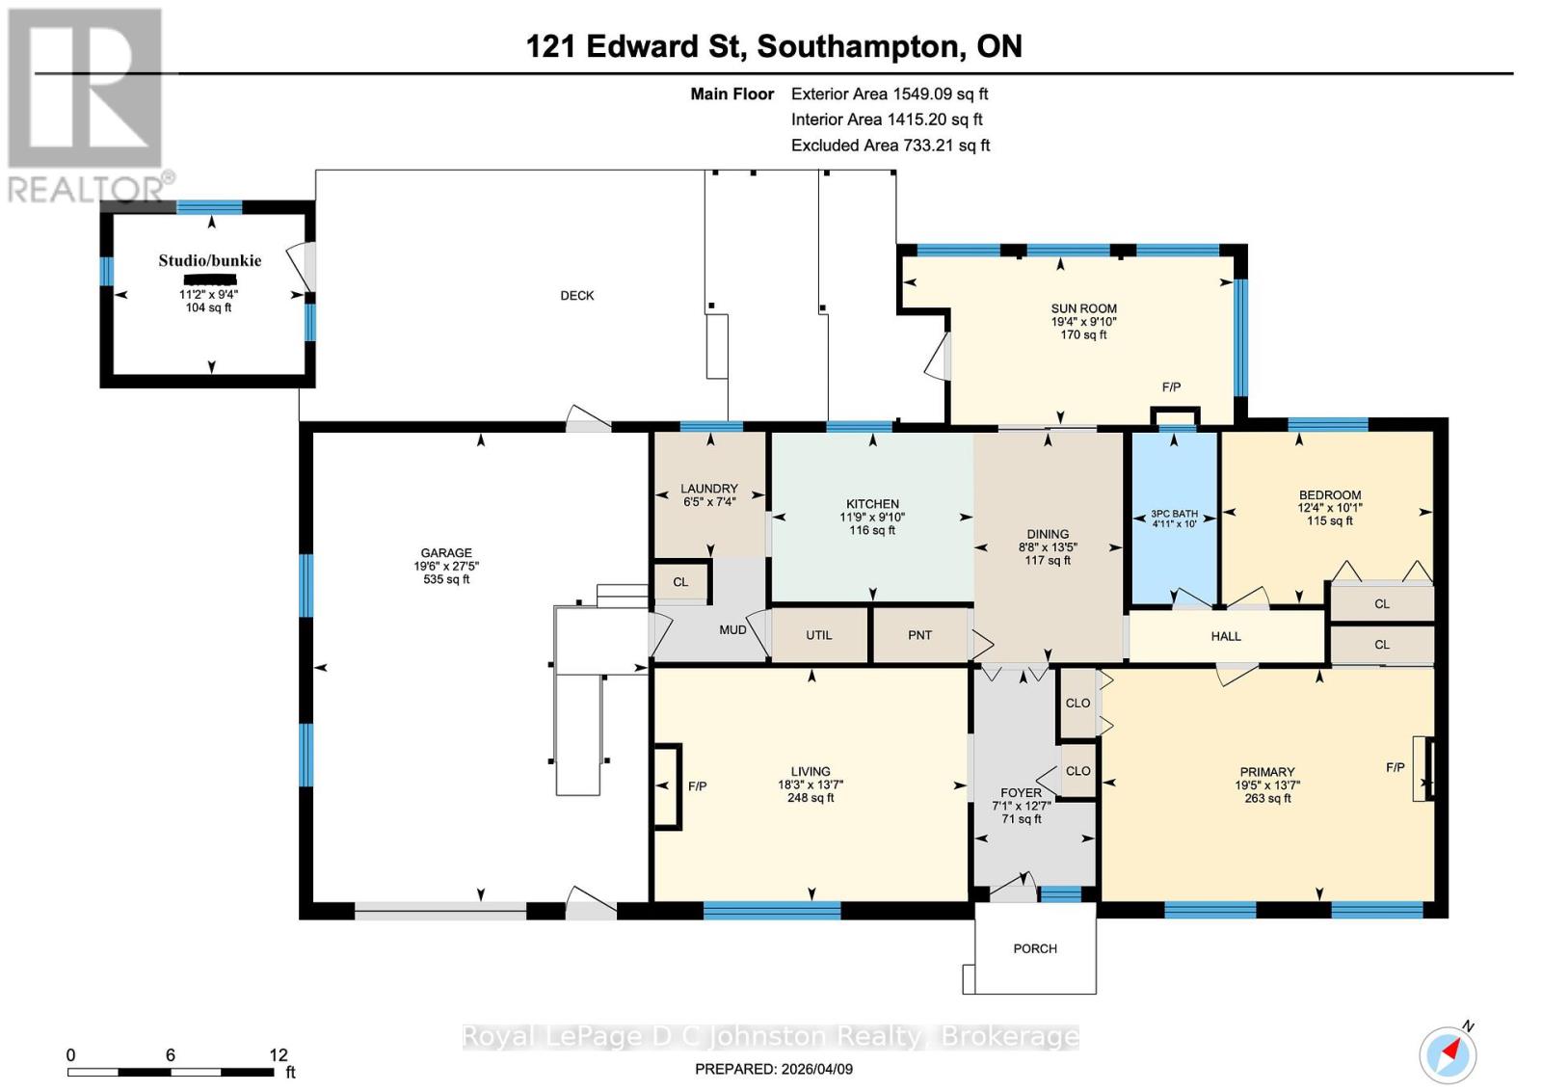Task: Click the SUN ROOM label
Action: pyautogui.click(x=1083, y=308)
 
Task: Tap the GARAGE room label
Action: pyautogui.click(x=445, y=553)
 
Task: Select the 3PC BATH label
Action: pyautogui.click(x=1174, y=514)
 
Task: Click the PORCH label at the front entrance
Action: pyautogui.click(x=1035, y=948)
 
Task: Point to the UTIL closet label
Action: pyautogui.click(x=818, y=635)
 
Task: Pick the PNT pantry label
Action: pyautogui.click(x=919, y=635)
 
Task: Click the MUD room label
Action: pyautogui.click(x=732, y=629)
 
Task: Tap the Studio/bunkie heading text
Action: pyautogui.click(x=209, y=260)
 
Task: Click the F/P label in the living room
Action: pyautogui.click(x=697, y=786)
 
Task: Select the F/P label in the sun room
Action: pyautogui.click(x=1171, y=387)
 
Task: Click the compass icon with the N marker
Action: pyautogui.click(x=1447, y=1054)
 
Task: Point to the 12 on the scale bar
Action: pyautogui.click(x=279, y=1055)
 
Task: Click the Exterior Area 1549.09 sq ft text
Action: pyautogui.click(x=890, y=93)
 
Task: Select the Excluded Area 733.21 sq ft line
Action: pyautogui.click(x=891, y=146)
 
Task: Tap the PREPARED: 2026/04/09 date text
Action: pyautogui.click(x=773, y=1069)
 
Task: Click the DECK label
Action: pyautogui.click(x=577, y=296)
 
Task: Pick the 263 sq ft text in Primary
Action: pyautogui.click(x=1267, y=798)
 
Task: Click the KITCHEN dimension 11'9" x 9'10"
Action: pyautogui.click(x=872, y=518)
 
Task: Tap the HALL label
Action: pyautogui.click(x=1226, y=636)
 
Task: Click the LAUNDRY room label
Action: pyautogui.click(x=708, y=489)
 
